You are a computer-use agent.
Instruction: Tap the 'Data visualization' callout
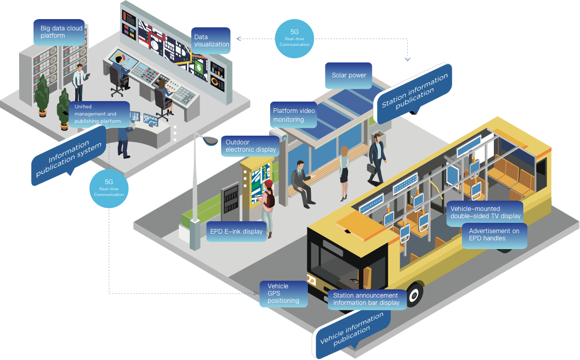pos(211,41)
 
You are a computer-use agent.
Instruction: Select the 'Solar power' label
pos(349,75)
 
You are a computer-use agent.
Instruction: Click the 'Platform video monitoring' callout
pos(293,115)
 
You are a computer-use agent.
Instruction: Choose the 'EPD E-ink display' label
pos(236,232)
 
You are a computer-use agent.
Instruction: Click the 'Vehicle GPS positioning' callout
pos(283,293)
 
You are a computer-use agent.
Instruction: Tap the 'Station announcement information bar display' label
pos(367,299)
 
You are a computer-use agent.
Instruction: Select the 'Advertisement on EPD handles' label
pos(494,235)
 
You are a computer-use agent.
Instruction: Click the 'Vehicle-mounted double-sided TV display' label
pos(483,212)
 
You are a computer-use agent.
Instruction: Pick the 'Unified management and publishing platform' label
pos(97,114)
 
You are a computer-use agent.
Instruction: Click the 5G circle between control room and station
pos(294,38)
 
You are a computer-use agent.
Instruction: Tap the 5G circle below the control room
pos(109,188)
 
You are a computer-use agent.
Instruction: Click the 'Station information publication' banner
pos(415,92)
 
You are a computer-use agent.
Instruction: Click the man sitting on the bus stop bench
pos(301,181)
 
